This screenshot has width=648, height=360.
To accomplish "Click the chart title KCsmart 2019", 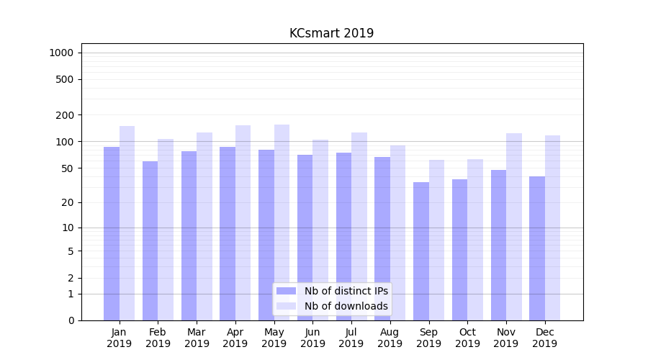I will coord(331,33).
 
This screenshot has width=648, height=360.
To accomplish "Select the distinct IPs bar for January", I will coord(112,233).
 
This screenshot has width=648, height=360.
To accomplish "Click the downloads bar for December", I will coord(552,228).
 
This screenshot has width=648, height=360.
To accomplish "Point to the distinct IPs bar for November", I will coord(498,245).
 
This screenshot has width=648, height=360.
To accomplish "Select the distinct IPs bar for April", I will coord(228,233).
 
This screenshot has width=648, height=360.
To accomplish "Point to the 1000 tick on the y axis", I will coord(61,53).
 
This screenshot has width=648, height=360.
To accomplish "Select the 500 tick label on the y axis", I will coord(65,79).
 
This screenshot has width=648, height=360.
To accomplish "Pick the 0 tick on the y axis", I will coord(71,320).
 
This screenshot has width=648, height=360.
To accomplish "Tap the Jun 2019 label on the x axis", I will coord(312,338).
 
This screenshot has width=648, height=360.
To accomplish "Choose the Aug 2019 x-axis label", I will coord(390,338).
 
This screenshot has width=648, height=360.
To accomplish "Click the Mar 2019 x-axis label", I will coord(197,338).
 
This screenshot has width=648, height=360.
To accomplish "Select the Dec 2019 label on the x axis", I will coord(544,338).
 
